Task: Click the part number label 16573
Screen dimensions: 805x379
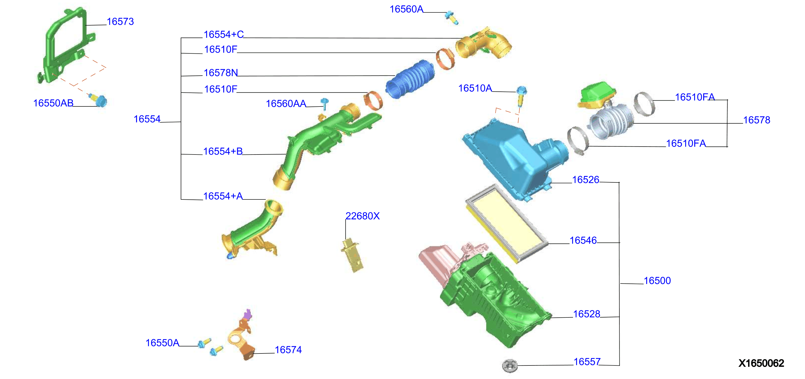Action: coord(120,21)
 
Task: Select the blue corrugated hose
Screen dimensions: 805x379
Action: coord(410,79)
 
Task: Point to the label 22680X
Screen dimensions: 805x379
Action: coord(363,216)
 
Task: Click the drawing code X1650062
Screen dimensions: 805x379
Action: coord(761,363)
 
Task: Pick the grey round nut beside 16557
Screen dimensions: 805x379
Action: coord(510,365)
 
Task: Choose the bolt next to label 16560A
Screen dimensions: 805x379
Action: coord(452,18)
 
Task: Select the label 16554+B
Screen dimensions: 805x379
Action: coord(223,151)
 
